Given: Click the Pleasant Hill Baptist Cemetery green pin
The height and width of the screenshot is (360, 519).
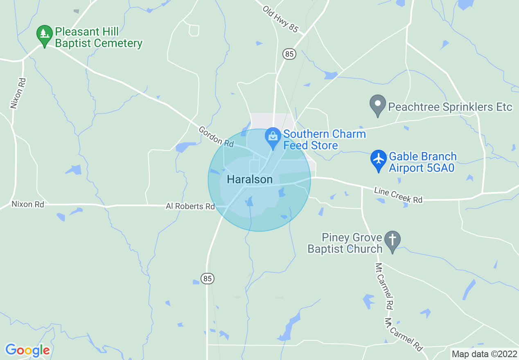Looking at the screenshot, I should (x=45, y=36).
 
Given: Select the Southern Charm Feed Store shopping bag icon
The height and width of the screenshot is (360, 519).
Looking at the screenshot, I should (x=273, y=137).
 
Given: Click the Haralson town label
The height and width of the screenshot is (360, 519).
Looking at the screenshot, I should (x=249, y=179).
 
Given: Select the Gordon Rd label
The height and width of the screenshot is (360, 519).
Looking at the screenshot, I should (x=216, y=137).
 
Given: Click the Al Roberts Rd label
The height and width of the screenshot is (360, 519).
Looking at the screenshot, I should (x=190, y=207).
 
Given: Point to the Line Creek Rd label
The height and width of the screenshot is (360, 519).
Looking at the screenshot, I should (x=398, y=195).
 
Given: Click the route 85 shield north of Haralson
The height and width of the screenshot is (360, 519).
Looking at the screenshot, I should (x=289, y=54).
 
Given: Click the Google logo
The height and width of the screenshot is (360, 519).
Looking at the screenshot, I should (x=27, y=350).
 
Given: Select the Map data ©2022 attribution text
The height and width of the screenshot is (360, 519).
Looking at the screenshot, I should (x=484, y=354).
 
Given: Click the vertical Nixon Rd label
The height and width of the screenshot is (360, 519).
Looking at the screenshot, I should (x=15, y=93).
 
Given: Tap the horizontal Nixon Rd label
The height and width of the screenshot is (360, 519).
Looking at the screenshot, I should (x=28, y=204).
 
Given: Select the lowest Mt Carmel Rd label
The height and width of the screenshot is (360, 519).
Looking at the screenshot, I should (x=404, y=334).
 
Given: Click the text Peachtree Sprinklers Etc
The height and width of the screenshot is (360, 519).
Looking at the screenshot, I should (x=450, y=107).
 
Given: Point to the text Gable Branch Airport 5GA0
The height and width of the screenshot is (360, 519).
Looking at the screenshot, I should (x=422, y=162).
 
